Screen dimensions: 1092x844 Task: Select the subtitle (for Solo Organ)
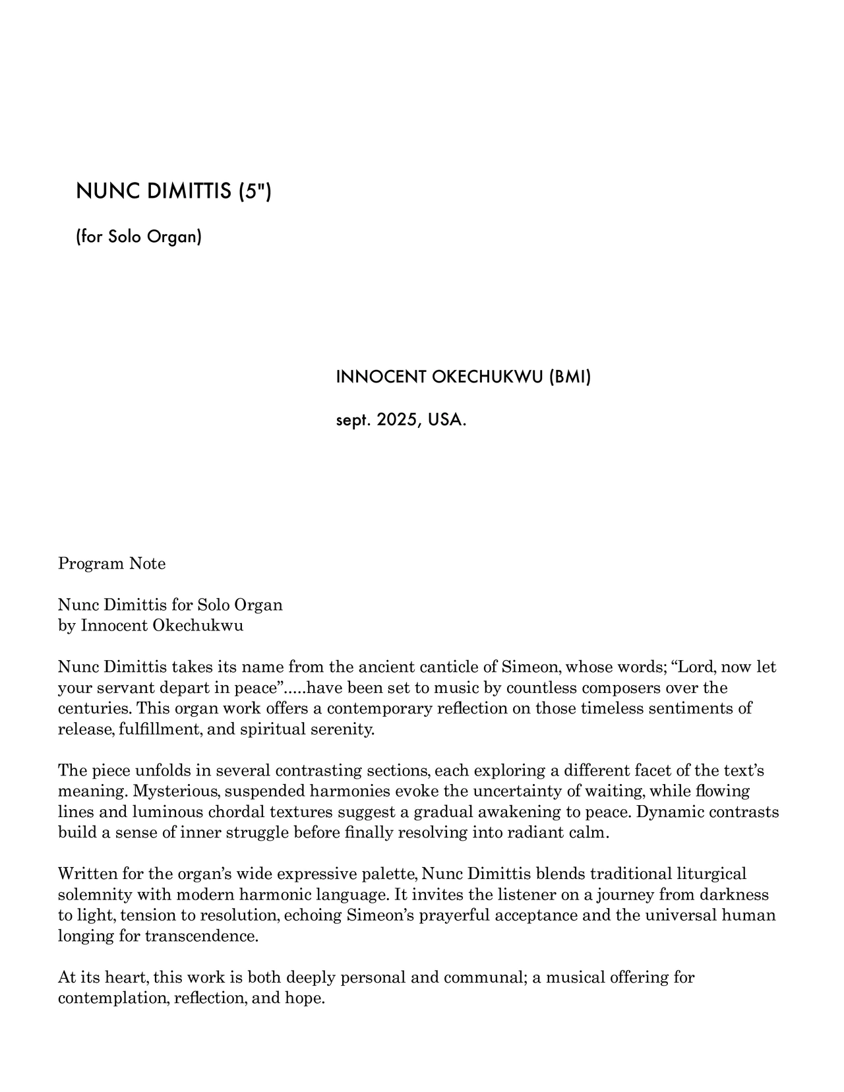coord(139,236)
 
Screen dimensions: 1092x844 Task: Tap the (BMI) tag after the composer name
coord(570,377)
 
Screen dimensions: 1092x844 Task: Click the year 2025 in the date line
coord(397,420)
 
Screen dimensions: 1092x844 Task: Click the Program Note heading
coord(112,564)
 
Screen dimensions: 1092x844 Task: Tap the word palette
coord(387,874)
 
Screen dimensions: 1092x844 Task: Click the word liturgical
coord(711,874)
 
